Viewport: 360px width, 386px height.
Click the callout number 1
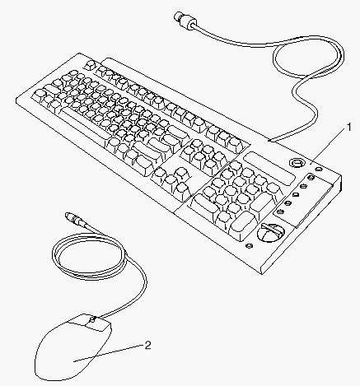[349, 128]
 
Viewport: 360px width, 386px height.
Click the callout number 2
[148, 346]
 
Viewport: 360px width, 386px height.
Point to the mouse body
[73, 348]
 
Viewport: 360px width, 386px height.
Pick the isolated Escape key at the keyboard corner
[90, 65]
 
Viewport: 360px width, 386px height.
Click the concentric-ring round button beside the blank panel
[297, 163]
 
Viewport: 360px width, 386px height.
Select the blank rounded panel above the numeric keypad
[270, 168]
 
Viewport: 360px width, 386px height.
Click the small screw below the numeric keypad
[250, 246]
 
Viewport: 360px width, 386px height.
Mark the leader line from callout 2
[110, 353]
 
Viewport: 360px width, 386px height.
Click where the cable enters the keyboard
[270, 141]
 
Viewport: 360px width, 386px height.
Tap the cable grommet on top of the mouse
[93, 319]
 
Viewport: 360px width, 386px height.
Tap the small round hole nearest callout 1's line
[319, 169]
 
